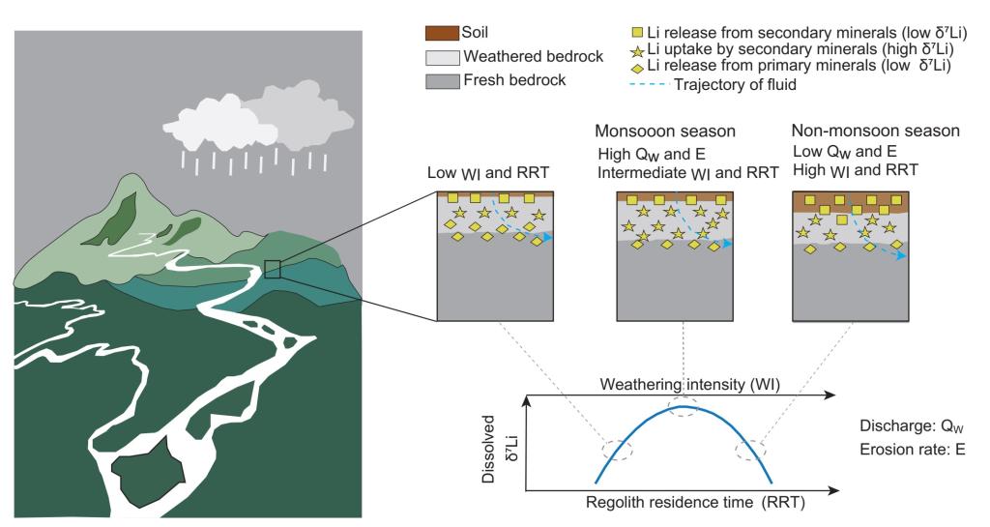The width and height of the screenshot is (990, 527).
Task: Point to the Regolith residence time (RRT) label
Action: click(x=676, y=503)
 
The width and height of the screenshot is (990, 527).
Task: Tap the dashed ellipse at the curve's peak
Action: click(x=683, y=407)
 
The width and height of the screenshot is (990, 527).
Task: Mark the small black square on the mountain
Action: click(x=272, y=270)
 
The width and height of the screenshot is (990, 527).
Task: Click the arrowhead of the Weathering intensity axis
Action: click(x=831, y=395)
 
